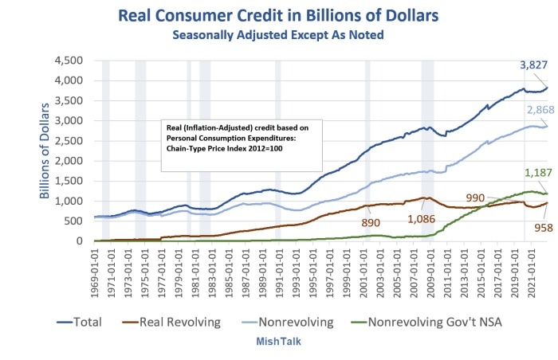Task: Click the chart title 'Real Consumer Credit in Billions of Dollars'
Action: (x=278, y=15)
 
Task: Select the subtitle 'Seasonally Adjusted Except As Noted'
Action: (x=278, y=35)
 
